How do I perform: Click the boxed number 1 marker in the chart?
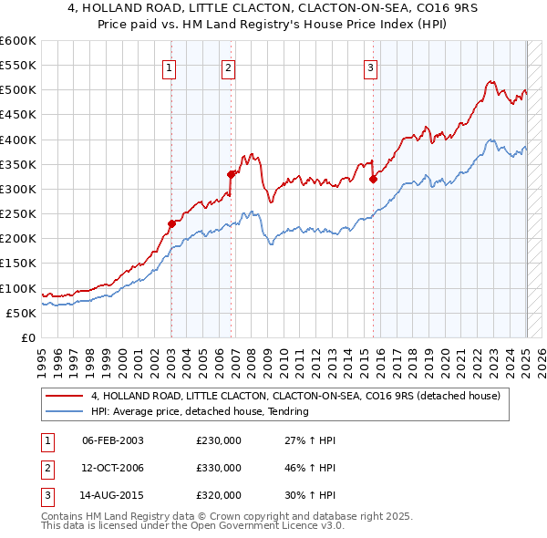170,67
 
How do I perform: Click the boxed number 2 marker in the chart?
228,67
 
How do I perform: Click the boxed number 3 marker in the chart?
371,67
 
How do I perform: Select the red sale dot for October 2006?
232,173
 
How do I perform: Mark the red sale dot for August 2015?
374,179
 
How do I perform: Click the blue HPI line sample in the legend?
66,411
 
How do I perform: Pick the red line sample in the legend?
66,397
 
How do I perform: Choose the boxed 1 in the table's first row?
46,440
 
